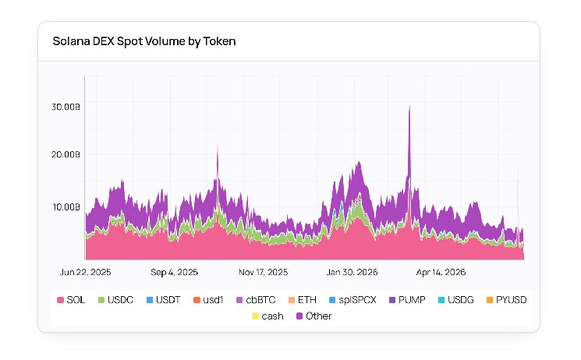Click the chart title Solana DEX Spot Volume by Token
click(x=144, y=41)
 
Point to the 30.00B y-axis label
click(x=66, y=107)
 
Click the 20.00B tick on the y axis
click(x=66, y=154)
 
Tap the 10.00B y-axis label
click(x=66, y=207)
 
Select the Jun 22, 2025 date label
click(x=85, y=272)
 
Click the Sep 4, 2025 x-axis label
click(x=174, y=272)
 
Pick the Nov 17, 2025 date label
click(x=263, y=272)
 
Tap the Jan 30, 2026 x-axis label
click(x=352, y=272)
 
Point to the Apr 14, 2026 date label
click(x=441, y=272)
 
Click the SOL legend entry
click(x=71, y=300)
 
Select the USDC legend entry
click(x=115, y=300)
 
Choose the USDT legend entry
click(x=164, y=300)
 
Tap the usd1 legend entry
click(x=208, y=300)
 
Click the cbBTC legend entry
click(x=256, y=300)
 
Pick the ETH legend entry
click(x=303, y=300)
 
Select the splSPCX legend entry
click(x=352, y=300)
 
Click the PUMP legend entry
click(x=407, y=300)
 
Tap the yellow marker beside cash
click(x=255, y=316)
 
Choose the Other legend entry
click(x=314, y=316)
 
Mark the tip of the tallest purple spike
click(x=409, y=105)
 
